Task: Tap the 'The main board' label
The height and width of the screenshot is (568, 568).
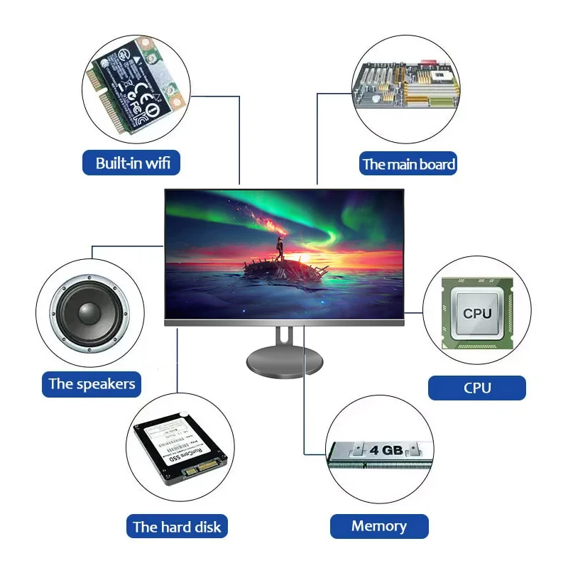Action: (x=408, y=164)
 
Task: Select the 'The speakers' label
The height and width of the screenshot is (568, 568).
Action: (x=92, y=384)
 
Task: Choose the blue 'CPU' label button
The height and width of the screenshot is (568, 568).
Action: (x=477, y=388)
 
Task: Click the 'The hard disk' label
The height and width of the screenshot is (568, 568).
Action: (x=177, y=527)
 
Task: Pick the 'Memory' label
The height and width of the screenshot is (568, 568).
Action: (x=379, y=526)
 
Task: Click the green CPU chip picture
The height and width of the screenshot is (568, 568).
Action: (x=476, y=313)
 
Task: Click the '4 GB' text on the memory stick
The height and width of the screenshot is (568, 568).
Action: (x=386, y=450)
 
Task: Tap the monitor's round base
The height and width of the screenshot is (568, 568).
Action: (x=284, y=361)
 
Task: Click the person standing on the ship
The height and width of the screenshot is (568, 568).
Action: (x=280, y=248)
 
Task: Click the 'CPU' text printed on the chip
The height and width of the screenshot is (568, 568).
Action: (x=477, y=313)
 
